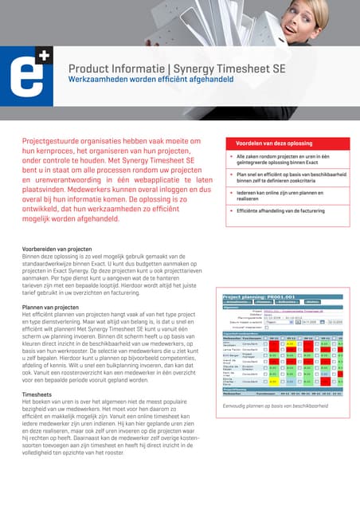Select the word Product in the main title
[x=92, y=69]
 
